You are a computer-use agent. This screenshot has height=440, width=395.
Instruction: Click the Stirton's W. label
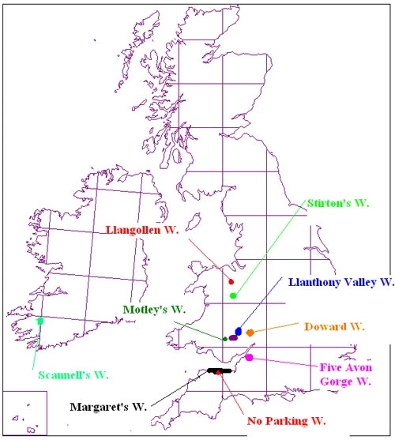tap(337, 203)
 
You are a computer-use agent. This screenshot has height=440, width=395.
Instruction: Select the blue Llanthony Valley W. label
tap(340, 281)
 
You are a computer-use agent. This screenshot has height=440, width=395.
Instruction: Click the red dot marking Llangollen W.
tap(231, 281)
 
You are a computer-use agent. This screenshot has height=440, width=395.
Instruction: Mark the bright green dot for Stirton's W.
tap(233, 295)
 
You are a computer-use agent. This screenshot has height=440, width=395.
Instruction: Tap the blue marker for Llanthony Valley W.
tap(239, 331)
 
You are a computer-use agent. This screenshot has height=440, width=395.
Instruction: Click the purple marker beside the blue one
tap(233, 338)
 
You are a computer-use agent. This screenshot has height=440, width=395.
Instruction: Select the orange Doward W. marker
tap(250, 333)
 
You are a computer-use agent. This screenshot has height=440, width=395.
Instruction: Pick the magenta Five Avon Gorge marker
tap(249, 358)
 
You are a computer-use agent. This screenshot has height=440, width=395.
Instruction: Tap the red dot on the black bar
tap(218, 371)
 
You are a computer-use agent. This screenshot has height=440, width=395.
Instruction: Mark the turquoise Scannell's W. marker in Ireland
tap(40, 321)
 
